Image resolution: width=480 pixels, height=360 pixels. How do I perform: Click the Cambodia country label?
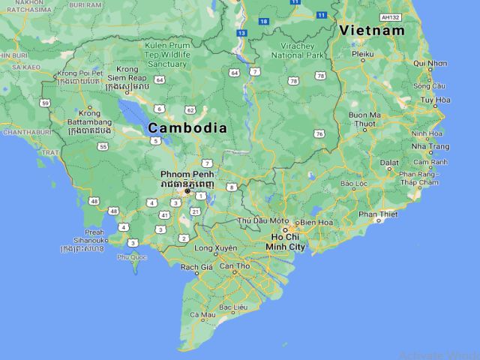[x=187, y=128]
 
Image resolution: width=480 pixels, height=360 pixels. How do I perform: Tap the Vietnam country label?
[x=371, y=31]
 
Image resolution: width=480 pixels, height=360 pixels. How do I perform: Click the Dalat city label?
[x=389, y=161]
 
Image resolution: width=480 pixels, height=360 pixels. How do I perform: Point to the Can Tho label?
[x=234, y=266]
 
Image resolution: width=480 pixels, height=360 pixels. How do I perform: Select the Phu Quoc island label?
[x=128, y=256]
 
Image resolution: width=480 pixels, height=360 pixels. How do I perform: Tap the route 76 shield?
[x=320, y=133]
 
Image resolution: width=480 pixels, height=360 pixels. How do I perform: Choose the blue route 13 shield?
[x=241, y=33]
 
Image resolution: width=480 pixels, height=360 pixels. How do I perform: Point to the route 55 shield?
[x=103, y=147]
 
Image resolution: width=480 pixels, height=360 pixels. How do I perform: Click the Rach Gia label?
[x=196, y=266]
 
